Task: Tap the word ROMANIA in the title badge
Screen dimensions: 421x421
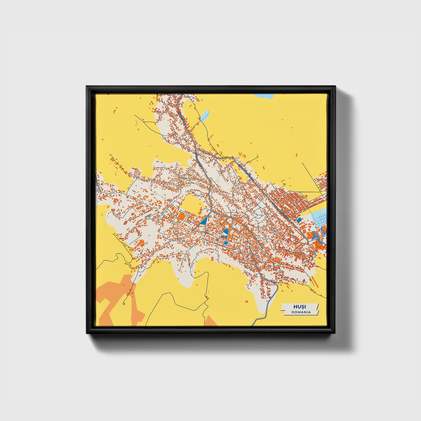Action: [x=301, y=312]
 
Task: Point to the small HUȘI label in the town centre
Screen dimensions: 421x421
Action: [x=224, y=237]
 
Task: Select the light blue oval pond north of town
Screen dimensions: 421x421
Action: [x=205, y=116]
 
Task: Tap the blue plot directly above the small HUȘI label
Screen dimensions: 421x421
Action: [x=225, y=232]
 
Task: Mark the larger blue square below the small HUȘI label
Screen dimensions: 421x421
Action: [x=226, y=243]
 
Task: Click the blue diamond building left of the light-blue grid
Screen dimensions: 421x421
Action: [x=299, y=219]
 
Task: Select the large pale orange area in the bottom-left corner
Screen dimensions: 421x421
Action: [x=117, y=300]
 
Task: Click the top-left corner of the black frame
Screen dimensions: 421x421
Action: [x=87, y=87]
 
